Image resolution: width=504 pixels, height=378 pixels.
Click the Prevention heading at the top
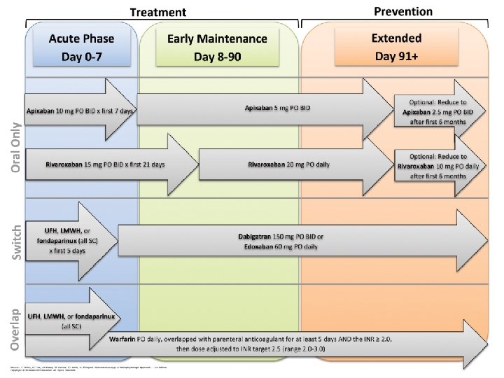click(403, 10)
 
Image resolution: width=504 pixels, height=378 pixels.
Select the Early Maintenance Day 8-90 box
click(218, 46)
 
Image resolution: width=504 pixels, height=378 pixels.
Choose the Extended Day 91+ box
click(397, 46)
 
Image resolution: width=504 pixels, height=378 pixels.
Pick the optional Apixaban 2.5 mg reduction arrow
click(440, 111)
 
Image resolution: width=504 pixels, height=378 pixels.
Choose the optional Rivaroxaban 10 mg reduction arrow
click(440, 166)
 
